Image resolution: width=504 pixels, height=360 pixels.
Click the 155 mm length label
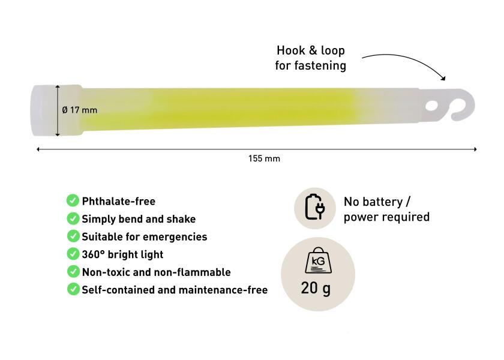[264, 158]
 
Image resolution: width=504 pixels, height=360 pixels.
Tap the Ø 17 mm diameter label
[79, 110]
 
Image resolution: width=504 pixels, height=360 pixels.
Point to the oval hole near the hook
[431, 106]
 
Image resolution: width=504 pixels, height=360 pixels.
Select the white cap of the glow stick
[44, 110]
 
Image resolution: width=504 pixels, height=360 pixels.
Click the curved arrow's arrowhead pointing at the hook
[443, 78]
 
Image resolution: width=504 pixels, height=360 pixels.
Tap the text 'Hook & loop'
[311, 50]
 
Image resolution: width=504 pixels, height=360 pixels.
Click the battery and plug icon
[314, 207]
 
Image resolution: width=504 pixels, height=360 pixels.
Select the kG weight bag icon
[318, 260]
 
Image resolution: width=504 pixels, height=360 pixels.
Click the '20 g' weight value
[316, 288]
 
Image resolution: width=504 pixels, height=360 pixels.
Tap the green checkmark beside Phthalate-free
[73, 200]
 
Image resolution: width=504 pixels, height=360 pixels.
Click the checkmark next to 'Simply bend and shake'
[73, 218]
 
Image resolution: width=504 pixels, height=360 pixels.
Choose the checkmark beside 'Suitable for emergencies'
[73, 236]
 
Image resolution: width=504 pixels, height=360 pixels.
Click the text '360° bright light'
[122, 254]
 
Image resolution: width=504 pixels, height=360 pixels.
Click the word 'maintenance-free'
[223, 290]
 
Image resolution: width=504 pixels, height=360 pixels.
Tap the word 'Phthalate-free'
[119, 202]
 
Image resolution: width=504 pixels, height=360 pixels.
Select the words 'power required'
[386, 217]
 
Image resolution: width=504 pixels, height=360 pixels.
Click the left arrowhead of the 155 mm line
[38, 149]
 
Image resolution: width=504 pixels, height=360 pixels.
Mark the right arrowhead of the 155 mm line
[475, 149]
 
